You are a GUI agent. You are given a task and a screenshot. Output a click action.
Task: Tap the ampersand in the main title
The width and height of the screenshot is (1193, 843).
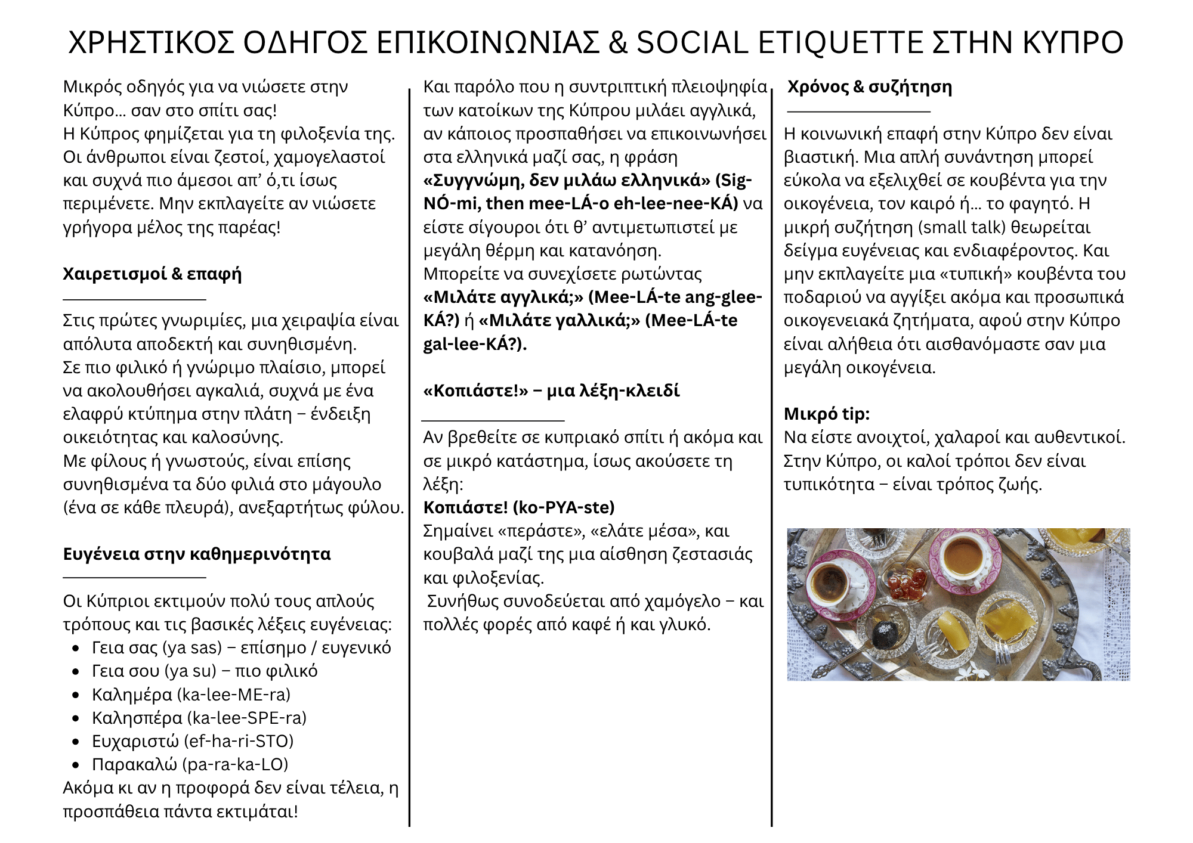pos(618,43)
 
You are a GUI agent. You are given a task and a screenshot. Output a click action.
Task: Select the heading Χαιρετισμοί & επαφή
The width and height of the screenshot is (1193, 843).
pos(152,274)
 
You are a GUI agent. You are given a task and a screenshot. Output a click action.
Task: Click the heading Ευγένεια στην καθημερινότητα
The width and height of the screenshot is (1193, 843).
pos(196,554)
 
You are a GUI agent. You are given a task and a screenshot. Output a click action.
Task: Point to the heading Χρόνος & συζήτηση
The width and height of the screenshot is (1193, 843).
pos(869,87)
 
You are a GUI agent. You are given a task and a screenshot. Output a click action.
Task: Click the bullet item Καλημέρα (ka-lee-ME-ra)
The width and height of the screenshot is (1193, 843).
pos(191,695)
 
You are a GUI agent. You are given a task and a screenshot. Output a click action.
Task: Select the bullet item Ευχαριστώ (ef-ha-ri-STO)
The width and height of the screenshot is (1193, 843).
pos(192,741)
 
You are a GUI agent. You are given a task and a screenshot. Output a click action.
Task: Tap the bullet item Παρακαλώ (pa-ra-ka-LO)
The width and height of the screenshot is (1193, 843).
pos(190,764)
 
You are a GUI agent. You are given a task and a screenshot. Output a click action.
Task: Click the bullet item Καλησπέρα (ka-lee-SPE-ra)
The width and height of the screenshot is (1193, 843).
pos(199,718)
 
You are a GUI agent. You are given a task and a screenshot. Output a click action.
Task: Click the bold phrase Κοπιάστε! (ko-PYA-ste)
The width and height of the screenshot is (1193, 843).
pos(518,507)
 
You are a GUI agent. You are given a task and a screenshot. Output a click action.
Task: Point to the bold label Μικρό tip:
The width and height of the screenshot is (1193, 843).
pos(826,414)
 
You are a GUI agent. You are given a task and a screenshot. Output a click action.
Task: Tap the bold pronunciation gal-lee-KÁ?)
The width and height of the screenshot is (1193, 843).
pos(475,344)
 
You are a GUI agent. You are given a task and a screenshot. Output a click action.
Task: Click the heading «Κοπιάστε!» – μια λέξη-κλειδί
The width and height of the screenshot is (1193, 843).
pos(551,391)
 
